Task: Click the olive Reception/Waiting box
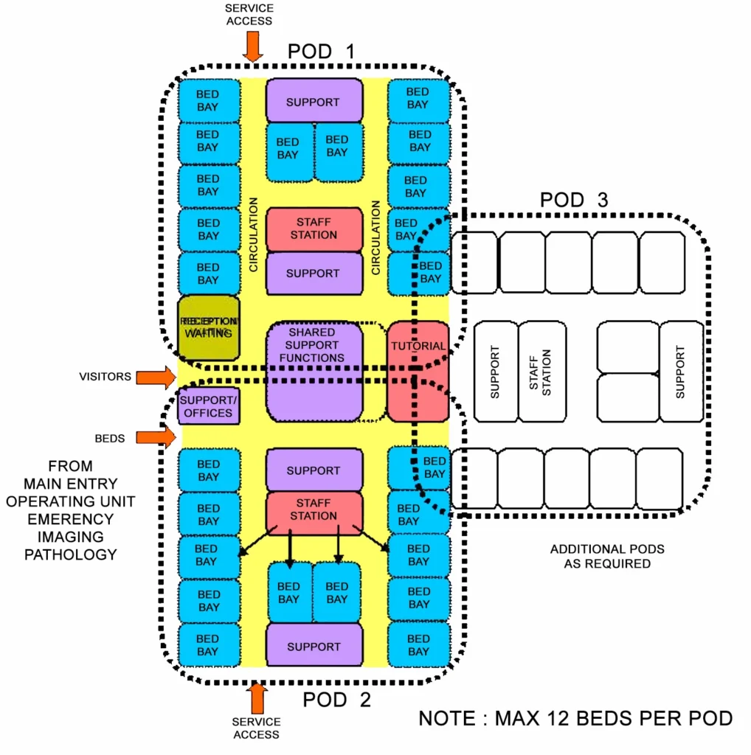point(210,328)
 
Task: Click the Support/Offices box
point(209,406)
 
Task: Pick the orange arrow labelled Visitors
point(157,377)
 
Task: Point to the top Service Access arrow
point(253,46)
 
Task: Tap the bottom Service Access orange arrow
point(257,697)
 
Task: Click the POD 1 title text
point(321,52)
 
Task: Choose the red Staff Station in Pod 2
point(314,509)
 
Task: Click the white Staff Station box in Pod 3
point(542,371)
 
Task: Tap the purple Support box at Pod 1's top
point(314,102)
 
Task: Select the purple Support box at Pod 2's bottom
point(314,646)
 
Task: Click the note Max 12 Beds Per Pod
point(575,718)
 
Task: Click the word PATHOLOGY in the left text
point(71,554)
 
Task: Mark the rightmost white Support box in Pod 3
point(680,371)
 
